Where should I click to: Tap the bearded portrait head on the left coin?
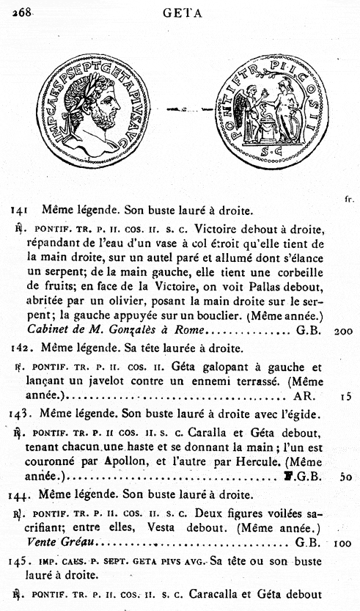pos(102,109)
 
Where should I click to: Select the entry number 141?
pos(19,210)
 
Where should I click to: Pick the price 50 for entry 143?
pos(346,475)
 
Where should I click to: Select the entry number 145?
pos(19,562)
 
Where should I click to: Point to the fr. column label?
pos(348,199)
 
